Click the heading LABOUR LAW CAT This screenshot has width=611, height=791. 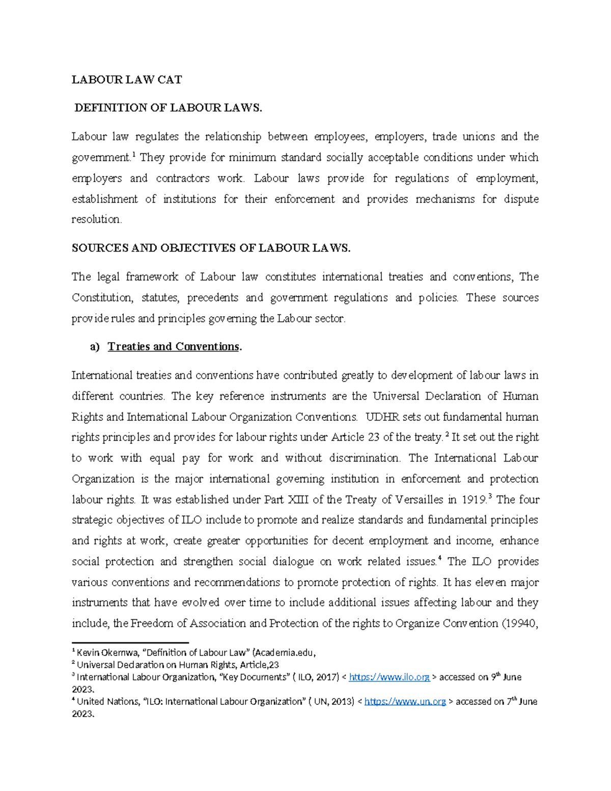pos(126,79)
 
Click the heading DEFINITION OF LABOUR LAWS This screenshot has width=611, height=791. pos(168,108)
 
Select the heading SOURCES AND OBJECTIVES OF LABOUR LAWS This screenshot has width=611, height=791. pos(211,248)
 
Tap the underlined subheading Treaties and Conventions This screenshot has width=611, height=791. pos(173,347)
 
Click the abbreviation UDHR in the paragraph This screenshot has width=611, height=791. pos(382,417)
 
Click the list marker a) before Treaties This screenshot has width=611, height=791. pos(95,347)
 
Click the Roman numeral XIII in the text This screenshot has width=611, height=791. pos(298,500)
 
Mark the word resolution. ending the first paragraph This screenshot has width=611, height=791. pos(97,220)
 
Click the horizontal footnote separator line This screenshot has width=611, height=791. pos(130,643)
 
